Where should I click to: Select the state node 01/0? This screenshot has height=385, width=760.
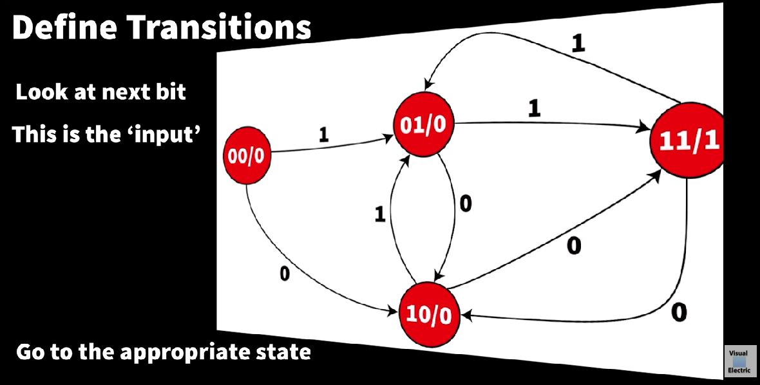(x=423, y=124)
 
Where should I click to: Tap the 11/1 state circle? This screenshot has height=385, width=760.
(x=688, y=142)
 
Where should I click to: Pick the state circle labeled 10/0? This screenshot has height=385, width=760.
(x=430, y=314)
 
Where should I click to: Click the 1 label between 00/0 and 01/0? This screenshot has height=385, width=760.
(x=324, y=135)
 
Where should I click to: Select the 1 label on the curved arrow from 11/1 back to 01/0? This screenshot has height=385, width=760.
(x=578, y=42)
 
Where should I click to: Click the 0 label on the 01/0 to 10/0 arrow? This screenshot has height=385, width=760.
(x=465, y=203)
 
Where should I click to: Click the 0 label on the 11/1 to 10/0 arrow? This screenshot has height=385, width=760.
(x=679, y=312)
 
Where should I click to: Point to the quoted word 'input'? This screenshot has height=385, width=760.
(x=164, y=135)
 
